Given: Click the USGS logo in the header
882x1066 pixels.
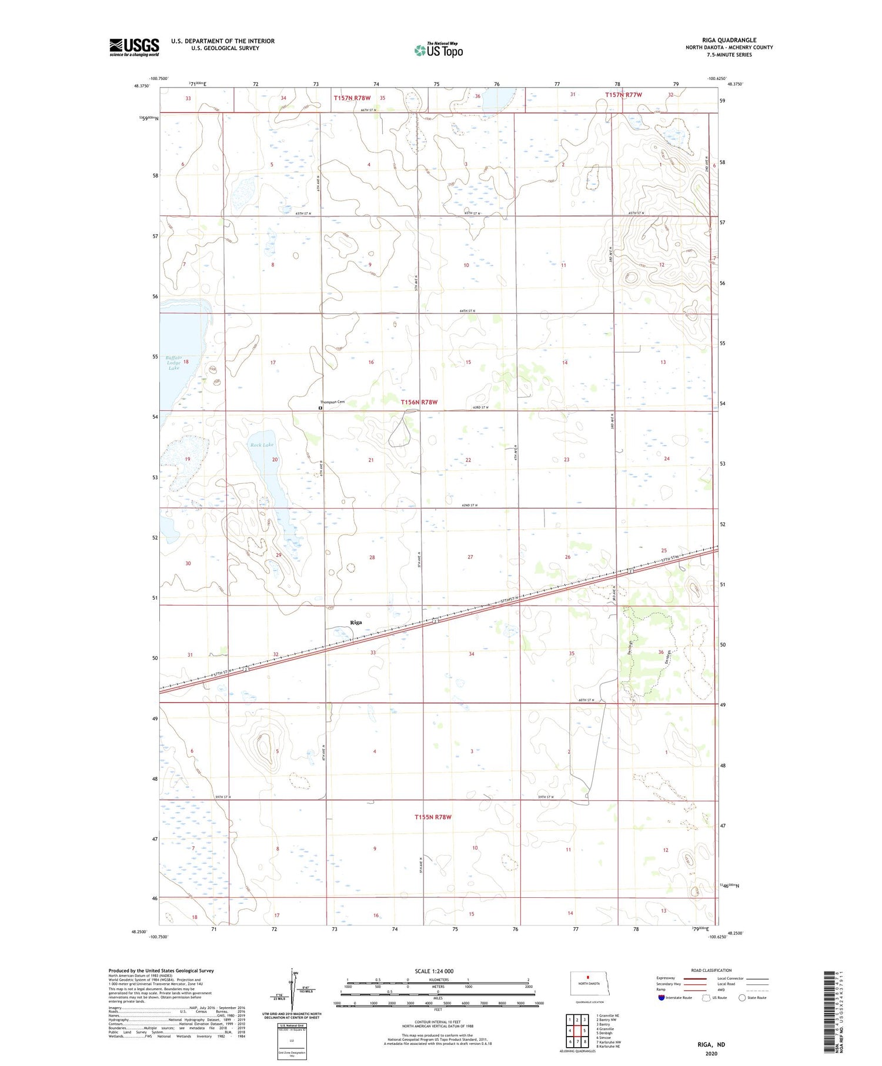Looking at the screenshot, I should click(x=134, y=47).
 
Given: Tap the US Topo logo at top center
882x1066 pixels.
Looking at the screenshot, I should click(x=438, y=50).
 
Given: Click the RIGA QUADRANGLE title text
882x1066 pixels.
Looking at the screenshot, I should click(x=729, y=40).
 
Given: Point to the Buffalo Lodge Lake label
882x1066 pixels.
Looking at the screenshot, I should click(x=173, y=362).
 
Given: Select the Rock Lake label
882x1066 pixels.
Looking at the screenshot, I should click(x=262, y=445).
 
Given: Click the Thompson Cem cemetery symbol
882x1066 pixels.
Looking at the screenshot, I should click(x=320, y=407).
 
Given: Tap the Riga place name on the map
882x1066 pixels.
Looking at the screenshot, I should click(x=356, y=622).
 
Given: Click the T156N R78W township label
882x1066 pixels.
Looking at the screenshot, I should click(x=419, y=402).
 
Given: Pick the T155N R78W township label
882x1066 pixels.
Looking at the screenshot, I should click(x=433, y=817).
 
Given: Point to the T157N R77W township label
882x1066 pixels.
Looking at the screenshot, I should click(x=623, y=95).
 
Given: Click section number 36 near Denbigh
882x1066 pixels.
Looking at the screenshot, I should click(x=661, y=652).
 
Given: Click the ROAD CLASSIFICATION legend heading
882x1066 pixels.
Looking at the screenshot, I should click(x=711, y=970).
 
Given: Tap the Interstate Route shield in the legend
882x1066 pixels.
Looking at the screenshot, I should click(x=661, y=997).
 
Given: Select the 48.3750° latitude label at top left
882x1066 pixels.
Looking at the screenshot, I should click(x=141, y=86).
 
